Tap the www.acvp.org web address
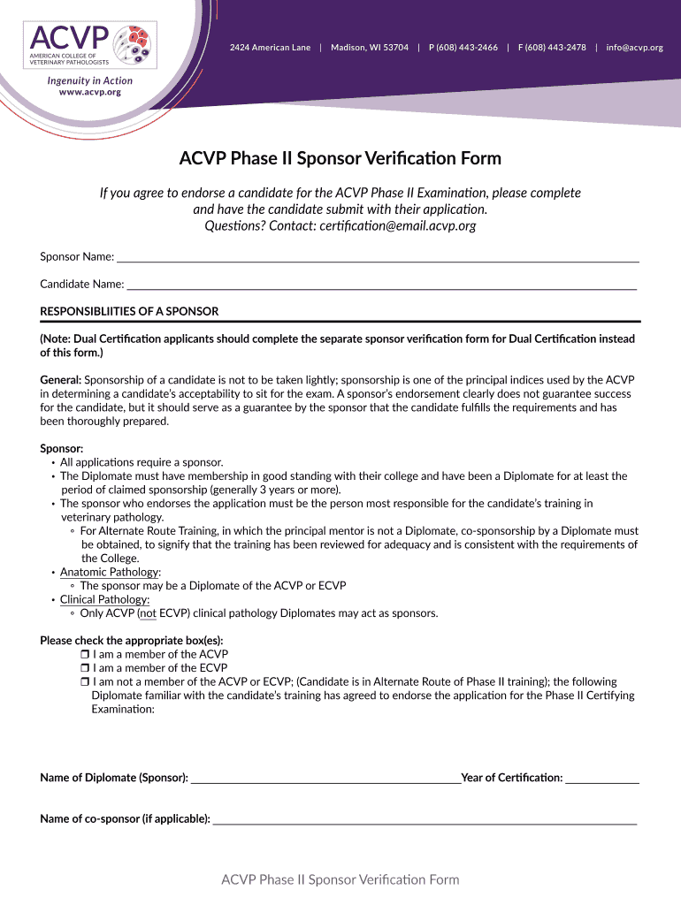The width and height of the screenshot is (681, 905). [89, 92]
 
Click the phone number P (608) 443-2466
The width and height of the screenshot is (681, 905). [463, 47]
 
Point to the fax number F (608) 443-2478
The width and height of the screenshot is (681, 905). [552, 47]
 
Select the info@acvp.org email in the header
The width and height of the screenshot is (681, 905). [634, 47]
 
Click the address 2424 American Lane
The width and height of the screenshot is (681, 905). [270, 47]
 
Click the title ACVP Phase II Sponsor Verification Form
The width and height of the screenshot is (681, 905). [340, 159]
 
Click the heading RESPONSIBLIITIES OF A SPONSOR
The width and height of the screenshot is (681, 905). [129, 311]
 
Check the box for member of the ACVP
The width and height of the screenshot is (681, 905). [85, 655]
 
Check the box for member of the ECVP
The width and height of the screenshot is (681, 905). [85, 668]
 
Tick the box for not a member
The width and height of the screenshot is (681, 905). [85, 682]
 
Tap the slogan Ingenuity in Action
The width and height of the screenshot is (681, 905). [89, 80]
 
